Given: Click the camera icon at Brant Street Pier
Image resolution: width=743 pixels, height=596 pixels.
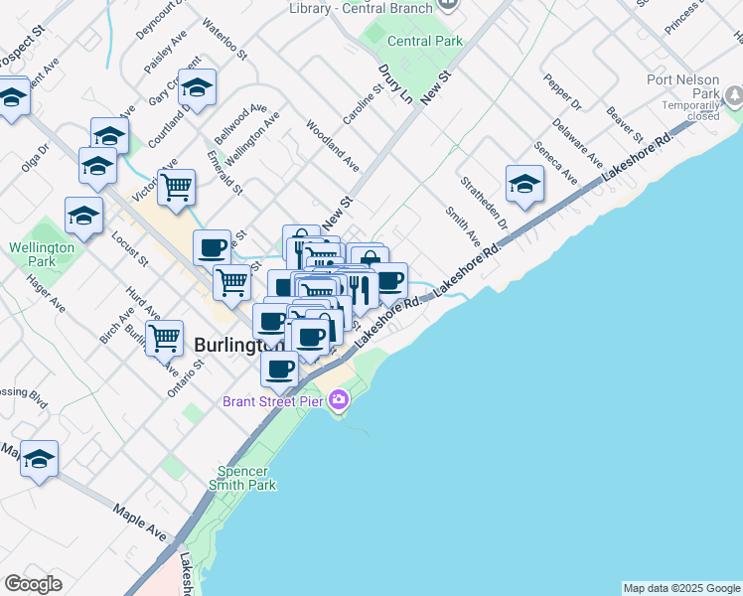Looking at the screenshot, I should click(x=340, y=400).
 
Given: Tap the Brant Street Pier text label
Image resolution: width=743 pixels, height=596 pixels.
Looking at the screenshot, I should click(x=273, y=401).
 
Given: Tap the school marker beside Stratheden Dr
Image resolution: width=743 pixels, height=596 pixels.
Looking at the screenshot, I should click(x=524, y=183).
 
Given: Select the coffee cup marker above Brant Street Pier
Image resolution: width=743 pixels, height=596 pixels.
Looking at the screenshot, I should click(x=279, y=369).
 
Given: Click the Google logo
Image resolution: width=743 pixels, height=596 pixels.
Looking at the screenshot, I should click(x=33, y=584).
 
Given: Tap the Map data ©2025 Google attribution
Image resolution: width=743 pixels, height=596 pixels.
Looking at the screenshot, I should click(x=680, y=588).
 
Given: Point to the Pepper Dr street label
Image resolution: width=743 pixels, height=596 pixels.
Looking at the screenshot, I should click(x=563, y=90).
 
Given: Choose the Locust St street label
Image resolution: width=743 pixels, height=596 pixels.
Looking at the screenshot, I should click(x=130, y=248).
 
